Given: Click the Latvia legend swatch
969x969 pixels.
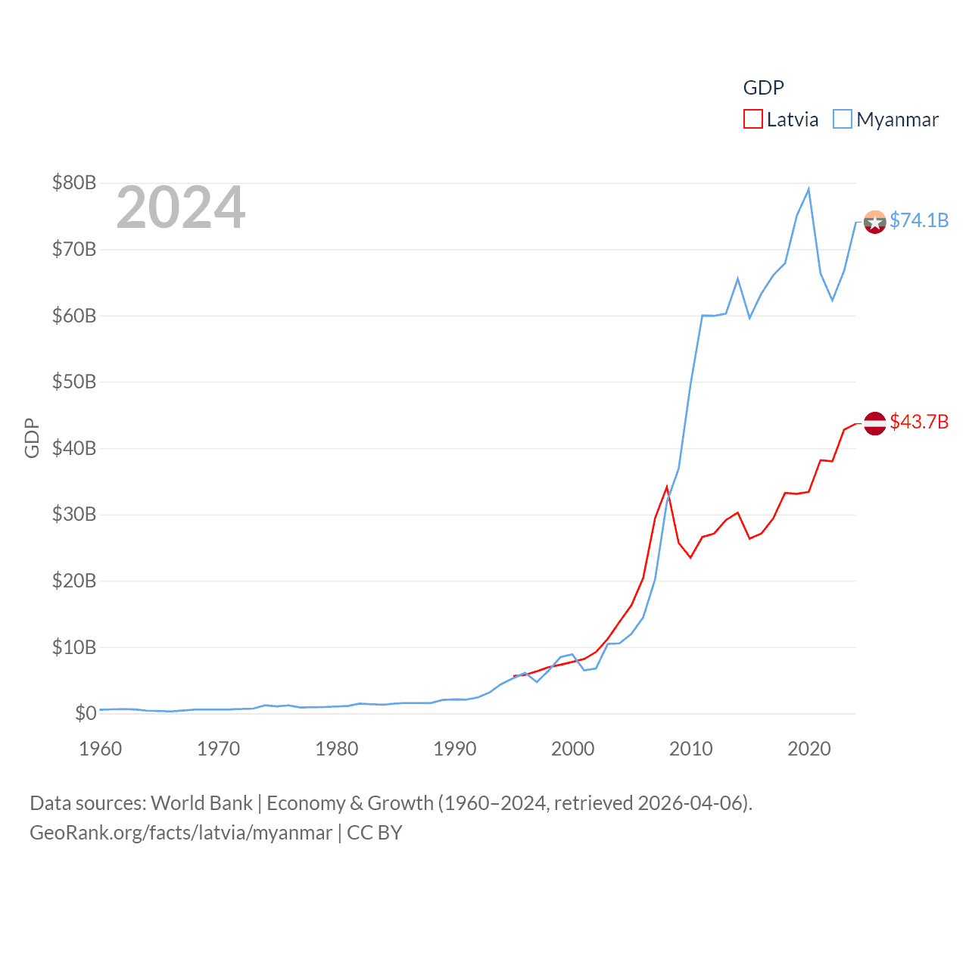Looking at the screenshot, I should pyautogui.click(x=752, y=120).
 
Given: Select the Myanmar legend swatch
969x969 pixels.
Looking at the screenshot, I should pyautogui.click(x=842, y=120).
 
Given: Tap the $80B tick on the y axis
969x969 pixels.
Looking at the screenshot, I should pyautogui.click(x=74, y=182).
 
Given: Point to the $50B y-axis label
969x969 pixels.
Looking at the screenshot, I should pyautogui.click(x=74, y=382).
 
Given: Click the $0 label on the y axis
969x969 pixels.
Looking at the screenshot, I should pyautogui.click(x=86, y=713).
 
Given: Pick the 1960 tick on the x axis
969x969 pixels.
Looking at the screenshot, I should pyautogui.click(x=101, y=749).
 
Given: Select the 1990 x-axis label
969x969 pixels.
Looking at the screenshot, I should pyautogui.click(x=455, y=749).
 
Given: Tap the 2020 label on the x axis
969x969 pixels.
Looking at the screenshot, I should pyautogui.click(x=809, y=749).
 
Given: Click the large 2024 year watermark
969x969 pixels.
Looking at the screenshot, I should pyautogui.click(x=180, y=207).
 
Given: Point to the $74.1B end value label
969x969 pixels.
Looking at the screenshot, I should pyautogui.click(x=919, y=220).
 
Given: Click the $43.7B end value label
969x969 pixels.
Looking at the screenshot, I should pyautogui.click(x=919, y=422).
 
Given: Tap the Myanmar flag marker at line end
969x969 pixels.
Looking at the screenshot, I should pyautogui.click(x=875, y=222).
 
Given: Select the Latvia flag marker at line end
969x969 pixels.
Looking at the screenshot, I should pyautogui.click(x=875, y=423).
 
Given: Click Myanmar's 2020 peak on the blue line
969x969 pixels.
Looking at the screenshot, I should pyautogui.click(x=809, y=189).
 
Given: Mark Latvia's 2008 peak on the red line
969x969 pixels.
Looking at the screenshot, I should pyautogui.click(x=667, y=487).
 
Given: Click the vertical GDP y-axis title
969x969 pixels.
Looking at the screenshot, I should pyautogui.click(x=32, y=438).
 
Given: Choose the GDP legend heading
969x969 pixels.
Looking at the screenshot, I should pyautogui.click(x=763, y=88).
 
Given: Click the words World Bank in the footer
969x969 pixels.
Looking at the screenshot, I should pyautogui.click(x=201, y=803).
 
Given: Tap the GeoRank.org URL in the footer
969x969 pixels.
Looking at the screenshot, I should pyautogui.click(x=181, y=833).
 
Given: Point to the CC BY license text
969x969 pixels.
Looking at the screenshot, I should pyautogui.click(x=374, y=833).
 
